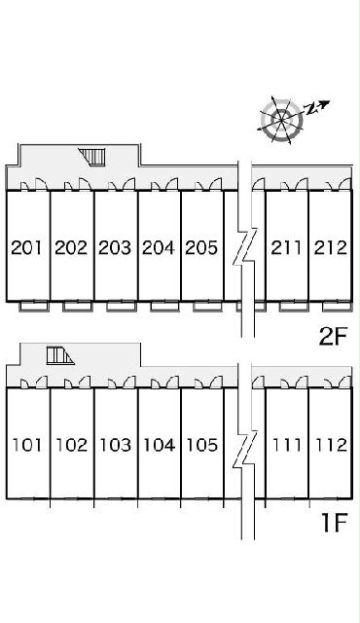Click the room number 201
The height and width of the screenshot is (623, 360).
pos(26,247)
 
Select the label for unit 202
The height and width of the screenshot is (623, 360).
pos(71,247)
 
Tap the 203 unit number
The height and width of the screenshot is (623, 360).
pos(115,247)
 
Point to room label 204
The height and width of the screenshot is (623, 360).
pos(159,247)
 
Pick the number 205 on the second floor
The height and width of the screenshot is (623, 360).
pos(201,247)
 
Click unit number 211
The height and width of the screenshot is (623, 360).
pos(286,247)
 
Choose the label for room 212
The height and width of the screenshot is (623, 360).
pos(330,247)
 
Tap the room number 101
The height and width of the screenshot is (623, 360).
pos(27,445)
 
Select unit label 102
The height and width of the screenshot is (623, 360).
pos(71,445)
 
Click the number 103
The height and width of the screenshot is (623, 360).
pos(115,445)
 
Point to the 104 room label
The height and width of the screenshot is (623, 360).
pos(159,445)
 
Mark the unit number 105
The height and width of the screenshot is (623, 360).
pos(202,445)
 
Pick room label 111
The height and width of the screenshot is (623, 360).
pos(287,445)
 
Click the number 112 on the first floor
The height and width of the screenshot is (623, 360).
pos(331,445)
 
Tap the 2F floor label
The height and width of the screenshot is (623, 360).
pos(333,337)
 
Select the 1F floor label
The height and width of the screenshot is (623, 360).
pos(334,522)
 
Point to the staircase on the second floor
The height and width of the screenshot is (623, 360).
pos(92,156)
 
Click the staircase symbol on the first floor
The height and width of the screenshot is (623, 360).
pos(60,355)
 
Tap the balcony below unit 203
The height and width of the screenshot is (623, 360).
pos(121,307)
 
